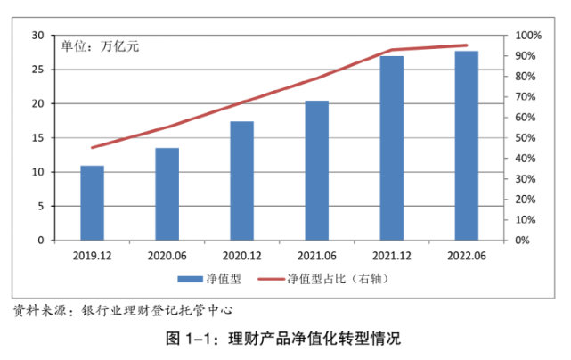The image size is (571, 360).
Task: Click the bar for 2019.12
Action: point(92,203)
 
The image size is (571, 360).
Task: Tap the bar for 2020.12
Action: point(241,181)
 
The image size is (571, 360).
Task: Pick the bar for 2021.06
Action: point(317,170)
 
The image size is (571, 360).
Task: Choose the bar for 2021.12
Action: point(392,148)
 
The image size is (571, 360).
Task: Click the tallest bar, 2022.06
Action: point(467,145)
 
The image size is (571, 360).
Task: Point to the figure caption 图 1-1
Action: point(284,339)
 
